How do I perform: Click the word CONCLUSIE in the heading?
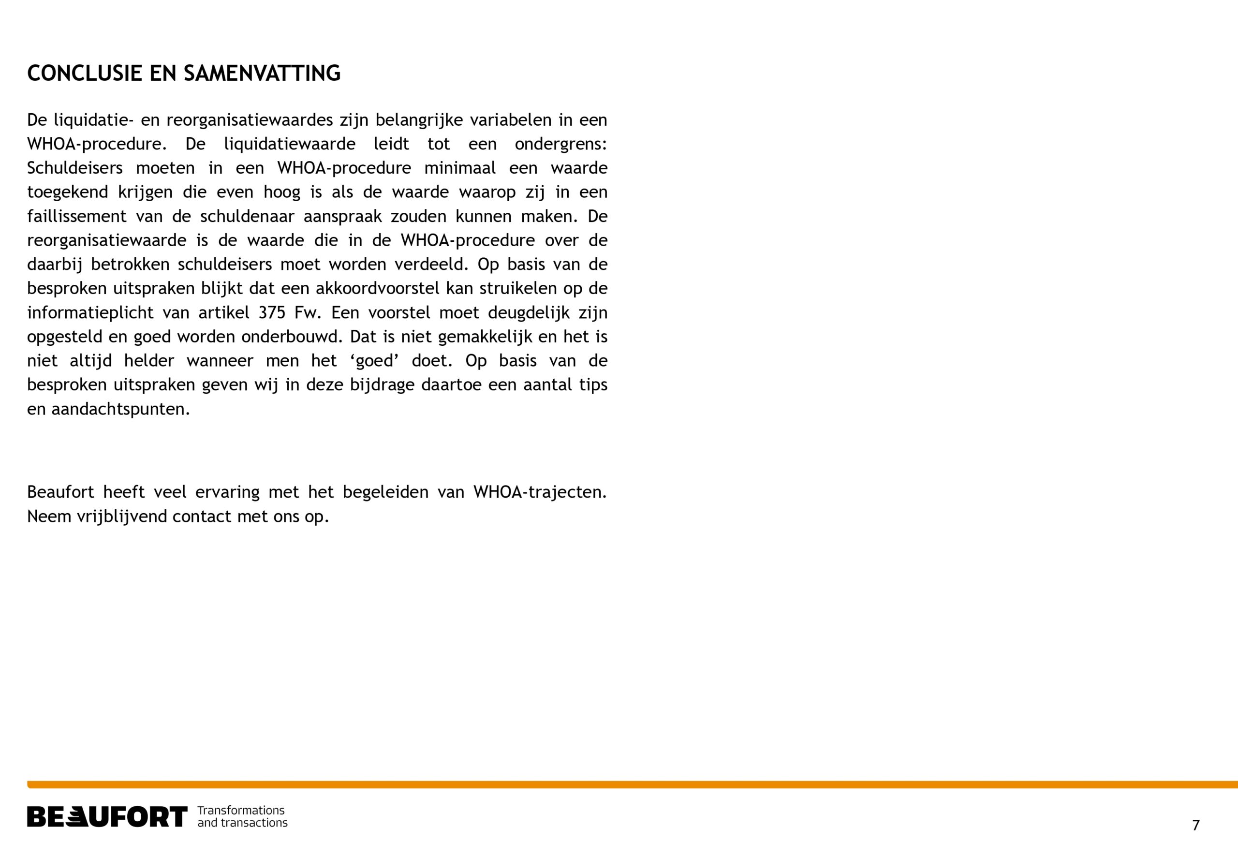(x=85, y=74)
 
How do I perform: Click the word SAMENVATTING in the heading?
(x=262, y=74)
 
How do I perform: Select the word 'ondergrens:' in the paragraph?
(x=560, y=145)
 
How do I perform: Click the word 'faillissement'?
(x=77, y=216)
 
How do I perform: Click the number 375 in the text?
(x=272, y=313)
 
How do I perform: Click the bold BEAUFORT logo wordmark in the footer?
(x=107, y=817)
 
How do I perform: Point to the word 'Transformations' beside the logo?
(x=241, y=810)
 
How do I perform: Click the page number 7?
(x=1195, y=825)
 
